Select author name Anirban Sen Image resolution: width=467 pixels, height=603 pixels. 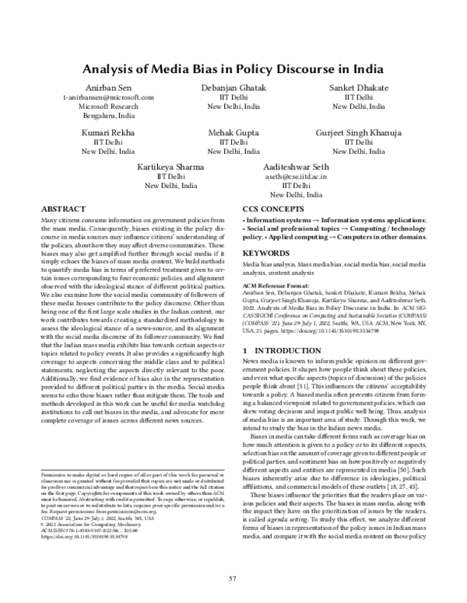point(104,87)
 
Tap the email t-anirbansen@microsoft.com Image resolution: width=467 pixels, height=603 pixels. point(104,97)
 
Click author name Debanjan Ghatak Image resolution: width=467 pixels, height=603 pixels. point(233,87)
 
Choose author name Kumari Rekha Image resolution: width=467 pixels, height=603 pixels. point(104,133)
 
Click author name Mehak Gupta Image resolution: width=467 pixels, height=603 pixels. point(233,133)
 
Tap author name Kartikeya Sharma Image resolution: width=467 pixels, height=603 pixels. point(169,167)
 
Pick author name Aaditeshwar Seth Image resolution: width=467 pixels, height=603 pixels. point(298,167)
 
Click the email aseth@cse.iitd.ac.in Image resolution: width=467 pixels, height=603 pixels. point(298,177)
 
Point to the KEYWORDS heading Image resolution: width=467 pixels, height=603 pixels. point(265,253)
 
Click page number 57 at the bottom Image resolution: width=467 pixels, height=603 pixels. point(233,579)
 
